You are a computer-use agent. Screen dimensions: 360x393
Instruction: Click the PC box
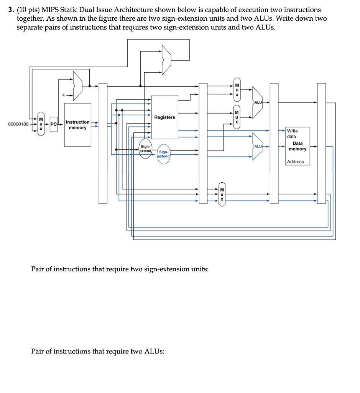pos(54,124)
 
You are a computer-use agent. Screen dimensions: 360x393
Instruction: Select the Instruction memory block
pos(77,125)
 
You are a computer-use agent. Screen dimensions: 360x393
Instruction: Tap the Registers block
pos(165,117)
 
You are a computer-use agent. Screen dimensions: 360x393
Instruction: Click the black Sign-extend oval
pos(145,149)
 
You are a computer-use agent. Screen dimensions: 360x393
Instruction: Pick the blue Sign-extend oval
pos(164,154)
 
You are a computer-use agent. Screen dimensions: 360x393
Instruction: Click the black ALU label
pos(258,102)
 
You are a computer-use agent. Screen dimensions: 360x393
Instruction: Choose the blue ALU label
pos(258,146)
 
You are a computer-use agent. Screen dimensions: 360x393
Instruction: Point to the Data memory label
pos(298,146)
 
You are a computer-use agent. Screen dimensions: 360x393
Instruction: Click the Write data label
pos(292,134)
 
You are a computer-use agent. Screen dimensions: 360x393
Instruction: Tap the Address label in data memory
pos(296,162)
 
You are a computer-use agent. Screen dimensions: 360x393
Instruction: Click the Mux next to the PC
pos(41,124)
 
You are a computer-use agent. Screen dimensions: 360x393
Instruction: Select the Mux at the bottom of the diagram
pos(222,194)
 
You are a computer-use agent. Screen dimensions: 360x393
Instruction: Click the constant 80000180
pos(18,124)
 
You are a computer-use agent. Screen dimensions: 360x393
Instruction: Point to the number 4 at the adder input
pos(64,95)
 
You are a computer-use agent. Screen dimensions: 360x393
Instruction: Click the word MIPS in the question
pos(50,10)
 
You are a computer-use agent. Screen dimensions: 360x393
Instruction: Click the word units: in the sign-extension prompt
pos(200,269)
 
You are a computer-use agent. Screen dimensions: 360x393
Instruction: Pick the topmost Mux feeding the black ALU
pos(237,90)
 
